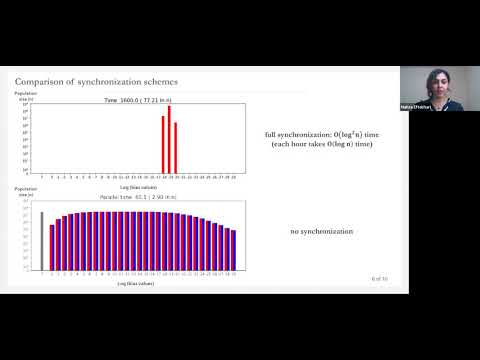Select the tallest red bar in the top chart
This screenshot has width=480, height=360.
click(169, 139)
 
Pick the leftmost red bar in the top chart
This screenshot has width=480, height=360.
click(163, 144)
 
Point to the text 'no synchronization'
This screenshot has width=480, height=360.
click(321, 232)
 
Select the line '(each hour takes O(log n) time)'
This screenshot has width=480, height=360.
click(320, 145)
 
